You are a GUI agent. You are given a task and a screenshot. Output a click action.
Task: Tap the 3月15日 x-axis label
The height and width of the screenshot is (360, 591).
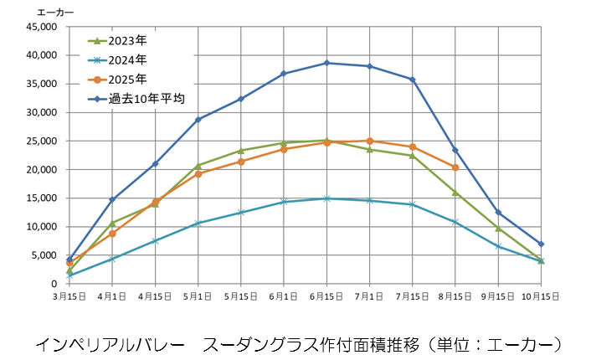(x=69, y=296)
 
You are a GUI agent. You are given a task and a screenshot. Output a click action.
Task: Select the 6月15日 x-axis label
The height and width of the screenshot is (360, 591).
(x=326, y=296)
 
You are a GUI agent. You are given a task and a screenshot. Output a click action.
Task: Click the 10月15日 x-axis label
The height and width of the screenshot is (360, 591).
(x=541, y=296)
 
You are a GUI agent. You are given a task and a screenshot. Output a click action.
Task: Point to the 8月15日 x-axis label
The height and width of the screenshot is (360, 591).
(x=455, y=296)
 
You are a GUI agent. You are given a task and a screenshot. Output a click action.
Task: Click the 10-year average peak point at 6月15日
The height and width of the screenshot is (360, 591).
(x=326, y=63)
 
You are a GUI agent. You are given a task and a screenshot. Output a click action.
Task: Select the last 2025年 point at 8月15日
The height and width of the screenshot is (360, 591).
(x=455, y=167)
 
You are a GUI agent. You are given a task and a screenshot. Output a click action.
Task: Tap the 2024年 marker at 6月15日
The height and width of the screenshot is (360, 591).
(x=326, y=198)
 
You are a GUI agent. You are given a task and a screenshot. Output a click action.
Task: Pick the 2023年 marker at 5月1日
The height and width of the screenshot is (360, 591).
(x=198, y=165)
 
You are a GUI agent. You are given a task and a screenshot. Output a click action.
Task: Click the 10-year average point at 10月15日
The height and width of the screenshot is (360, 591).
(x=541, y=244)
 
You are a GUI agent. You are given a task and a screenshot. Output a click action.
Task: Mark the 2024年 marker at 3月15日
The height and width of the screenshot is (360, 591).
(x=69, y=275)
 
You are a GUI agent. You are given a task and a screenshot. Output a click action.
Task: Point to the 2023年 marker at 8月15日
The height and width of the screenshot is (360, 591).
(x=455, y=193)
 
